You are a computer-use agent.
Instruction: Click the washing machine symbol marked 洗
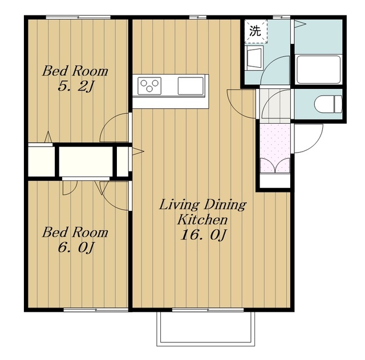[256, 31]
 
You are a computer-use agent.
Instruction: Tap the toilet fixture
[328, 104]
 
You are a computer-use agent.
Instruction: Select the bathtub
[318, 69]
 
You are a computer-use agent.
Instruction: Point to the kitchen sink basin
[190, 86]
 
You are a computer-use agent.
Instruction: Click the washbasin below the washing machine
[254, 58]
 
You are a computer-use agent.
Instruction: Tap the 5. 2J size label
[75, 87]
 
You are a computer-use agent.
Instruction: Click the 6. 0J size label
[75, 248]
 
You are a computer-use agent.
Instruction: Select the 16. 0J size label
[203, 235]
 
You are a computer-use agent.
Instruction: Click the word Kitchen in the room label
[202, 219]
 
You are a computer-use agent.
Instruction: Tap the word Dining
[225, 204]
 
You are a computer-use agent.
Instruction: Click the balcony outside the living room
[206, 329]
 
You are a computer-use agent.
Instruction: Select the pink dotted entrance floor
[275, 148]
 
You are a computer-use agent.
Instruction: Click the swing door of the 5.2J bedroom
[114, 128]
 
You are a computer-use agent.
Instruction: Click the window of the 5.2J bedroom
[78, 17]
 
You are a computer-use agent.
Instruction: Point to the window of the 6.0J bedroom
[96, 310]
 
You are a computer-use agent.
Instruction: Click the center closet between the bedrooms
[86, 161]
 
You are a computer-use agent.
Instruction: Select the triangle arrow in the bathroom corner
[300, 23]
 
